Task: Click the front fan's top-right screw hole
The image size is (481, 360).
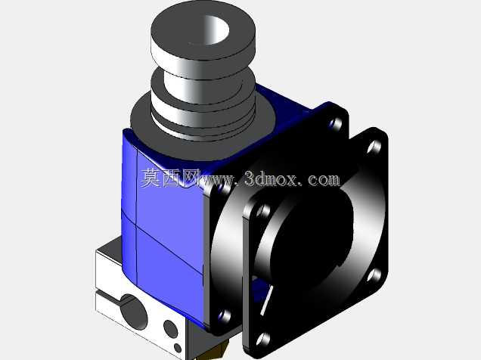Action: coord(374,147)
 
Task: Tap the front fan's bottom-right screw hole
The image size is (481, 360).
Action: coord(374,275)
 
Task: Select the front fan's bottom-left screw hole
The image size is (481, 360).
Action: coord(263,339)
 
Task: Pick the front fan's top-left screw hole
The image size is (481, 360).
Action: coord(262,211)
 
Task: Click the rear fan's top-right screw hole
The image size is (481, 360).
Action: coord(336,123)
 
